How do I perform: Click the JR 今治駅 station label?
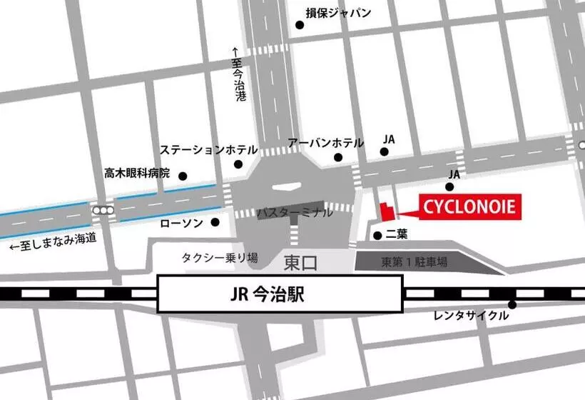pos(279,295)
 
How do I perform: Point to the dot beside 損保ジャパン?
pos(300,25)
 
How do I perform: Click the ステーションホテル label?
pos(208,150)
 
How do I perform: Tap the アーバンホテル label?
pos(325,143)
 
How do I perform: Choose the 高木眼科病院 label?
pos(137,173)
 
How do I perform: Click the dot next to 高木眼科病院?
pos(183,176)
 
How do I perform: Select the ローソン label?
pos(183,223)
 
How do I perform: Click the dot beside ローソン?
pos(215,222)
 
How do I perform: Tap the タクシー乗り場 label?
pos(220,257)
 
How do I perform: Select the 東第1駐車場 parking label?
pos(414,262)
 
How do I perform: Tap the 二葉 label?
pos(397,234)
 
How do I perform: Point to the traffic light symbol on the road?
pos(103,211)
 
